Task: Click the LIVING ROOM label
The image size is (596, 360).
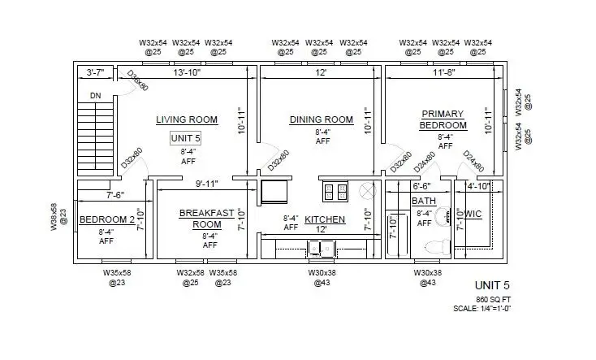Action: tap(187, 119)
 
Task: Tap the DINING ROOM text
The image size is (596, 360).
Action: tap(322, 119)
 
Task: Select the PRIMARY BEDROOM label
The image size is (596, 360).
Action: tap(443, 119)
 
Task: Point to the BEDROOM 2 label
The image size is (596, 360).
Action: tap(106, 219)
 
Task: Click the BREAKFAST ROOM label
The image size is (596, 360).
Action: tap(206, 218)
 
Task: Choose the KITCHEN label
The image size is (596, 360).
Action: tap(325, 219)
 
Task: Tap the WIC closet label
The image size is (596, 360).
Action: tap(473, 213)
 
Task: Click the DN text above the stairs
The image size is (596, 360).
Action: tap(95, 95)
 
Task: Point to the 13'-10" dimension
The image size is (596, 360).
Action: tap(186, 73)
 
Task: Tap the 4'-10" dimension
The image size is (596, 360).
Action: tap(478, 186)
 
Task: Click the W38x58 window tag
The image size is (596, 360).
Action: tap(54, 217)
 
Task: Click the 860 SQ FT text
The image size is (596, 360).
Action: tap(492, 298)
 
